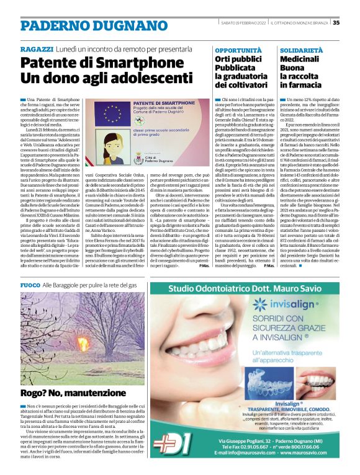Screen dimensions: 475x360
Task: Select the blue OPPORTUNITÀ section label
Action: [x=234, y=49]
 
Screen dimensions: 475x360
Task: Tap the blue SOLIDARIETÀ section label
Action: [x=301, y=49]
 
